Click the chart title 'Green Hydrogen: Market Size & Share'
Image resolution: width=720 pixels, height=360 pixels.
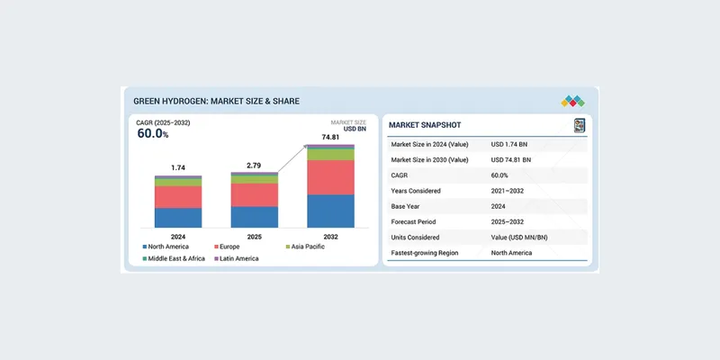216,101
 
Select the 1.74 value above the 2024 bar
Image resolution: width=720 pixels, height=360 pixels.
178,168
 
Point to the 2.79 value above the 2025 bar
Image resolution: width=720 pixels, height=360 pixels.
255,165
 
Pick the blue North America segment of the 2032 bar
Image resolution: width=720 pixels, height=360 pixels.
330,211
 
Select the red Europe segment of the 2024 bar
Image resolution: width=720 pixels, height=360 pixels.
178,197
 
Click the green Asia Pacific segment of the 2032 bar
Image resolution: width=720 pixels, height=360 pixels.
330,155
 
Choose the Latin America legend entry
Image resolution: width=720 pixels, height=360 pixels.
235,258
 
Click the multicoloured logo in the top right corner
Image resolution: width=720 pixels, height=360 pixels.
572,101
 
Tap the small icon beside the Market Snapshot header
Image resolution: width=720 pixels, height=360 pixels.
579,125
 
